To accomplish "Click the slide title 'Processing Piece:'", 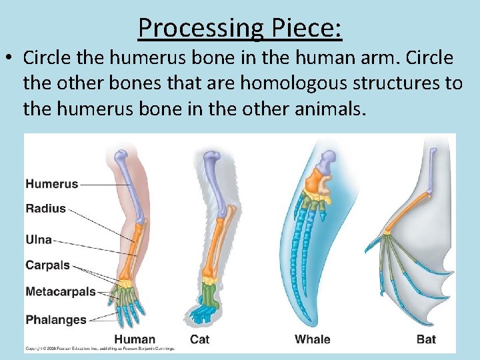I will point(240,27).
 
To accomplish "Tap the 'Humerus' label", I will point(52,184).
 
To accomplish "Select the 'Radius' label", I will point(46,209).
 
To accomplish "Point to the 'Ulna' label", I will point(39,239).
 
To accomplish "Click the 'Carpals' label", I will point(47,265).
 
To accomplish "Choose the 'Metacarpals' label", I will point(61,292).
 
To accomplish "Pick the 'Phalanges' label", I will point(56,319).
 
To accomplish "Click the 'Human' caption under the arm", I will point(134,339).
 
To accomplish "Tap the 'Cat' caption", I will point(199,339).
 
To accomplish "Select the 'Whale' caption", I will point(313,339).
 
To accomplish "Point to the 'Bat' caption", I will point(426,339).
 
